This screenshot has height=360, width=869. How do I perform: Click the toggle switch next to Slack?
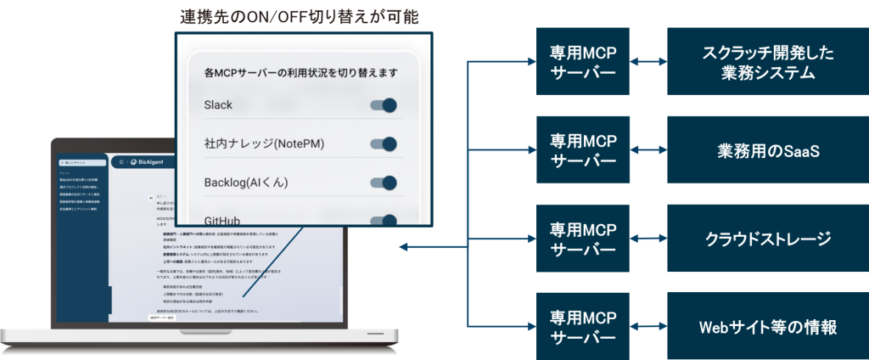[384, 106]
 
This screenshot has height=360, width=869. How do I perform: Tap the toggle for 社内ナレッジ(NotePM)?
[384, 144]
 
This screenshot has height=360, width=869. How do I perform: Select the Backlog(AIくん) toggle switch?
[384, 183]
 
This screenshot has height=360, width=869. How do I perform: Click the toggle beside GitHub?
[384, 220]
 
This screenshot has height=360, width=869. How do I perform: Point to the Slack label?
[218, 105]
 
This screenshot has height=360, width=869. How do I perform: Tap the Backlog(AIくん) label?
[252, 183]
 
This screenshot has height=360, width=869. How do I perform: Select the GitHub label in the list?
[222, 221]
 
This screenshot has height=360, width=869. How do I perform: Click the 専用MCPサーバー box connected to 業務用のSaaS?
[583, 150]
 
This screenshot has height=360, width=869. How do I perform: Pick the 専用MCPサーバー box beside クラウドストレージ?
[583, 239]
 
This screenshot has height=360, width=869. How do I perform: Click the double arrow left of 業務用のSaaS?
[648, 150]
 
